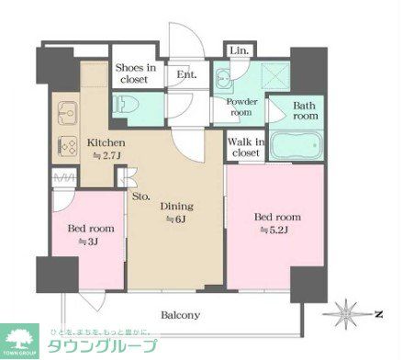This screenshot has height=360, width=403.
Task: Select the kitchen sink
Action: (x=66, y=115)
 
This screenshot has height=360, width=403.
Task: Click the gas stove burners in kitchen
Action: (x=67, y=144)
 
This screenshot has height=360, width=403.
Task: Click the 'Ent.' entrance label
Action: (x=185, y=74)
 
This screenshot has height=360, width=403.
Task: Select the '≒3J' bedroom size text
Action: (x=88, y=242)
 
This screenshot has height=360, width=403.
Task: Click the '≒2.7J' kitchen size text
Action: (x=106, y=157)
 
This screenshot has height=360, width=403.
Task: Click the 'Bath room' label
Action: (x=305, y=110)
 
